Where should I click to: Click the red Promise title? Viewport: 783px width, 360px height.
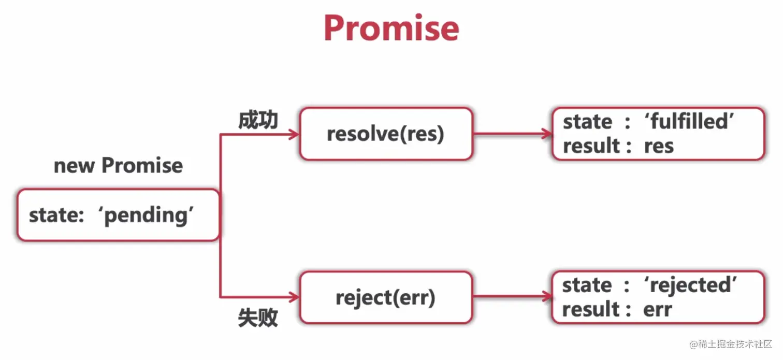point(391,28)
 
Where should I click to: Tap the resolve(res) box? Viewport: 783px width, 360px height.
point(386,134)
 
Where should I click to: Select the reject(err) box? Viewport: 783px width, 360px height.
point(386,298)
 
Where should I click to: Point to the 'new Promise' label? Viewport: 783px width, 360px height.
point(118,166)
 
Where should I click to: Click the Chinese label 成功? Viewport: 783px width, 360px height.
point(258,120)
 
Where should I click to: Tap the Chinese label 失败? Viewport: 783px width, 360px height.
point(258,318)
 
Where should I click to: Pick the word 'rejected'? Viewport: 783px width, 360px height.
point(691,285)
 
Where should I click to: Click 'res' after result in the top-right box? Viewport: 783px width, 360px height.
point(659,146)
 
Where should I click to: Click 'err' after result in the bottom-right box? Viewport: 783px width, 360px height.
point(657,310)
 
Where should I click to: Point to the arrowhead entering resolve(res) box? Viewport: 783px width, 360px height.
point(294,134)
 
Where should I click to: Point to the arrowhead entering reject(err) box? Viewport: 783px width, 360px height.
point(294,297)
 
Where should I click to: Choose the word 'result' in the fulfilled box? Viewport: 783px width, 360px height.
point(591,146)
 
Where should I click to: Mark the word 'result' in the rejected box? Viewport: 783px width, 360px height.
point(590,310)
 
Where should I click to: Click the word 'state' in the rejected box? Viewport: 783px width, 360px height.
point(587,285)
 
